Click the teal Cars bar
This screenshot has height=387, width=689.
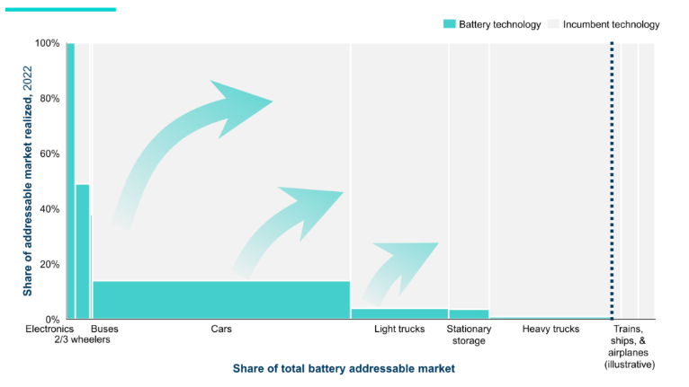click(220, 299)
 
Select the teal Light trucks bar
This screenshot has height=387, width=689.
click(398, 313)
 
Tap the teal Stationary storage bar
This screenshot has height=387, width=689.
click(469, 313)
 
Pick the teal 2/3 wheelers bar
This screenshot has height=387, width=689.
click(82, 251)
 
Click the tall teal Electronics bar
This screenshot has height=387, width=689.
click(70, 180)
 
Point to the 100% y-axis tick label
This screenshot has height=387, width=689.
click(48, 43)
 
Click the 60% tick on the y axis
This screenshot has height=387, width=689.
click(50, 154)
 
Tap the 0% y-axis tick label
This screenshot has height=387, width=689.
click(53, 319)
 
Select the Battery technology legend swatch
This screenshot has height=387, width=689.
click(449, 24)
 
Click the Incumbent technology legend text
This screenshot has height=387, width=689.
click(611, 24)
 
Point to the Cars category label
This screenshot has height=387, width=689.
click(221, 330)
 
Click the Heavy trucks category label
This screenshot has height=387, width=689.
click(550, 330)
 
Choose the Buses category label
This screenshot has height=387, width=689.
click(104, 330)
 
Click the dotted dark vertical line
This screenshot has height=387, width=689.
click(613, 180)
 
